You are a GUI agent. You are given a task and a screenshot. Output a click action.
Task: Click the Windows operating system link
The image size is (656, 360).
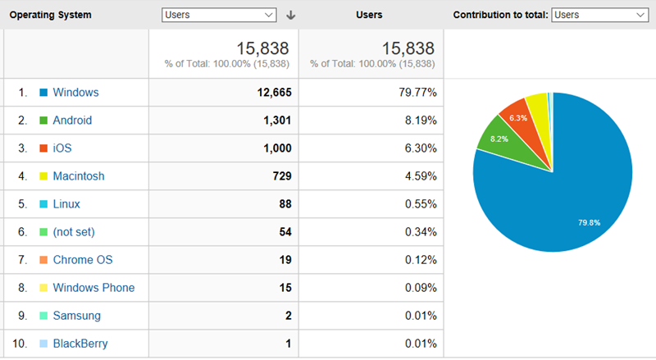click(75, 93)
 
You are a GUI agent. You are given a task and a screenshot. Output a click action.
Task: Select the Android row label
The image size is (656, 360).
click(72, 121)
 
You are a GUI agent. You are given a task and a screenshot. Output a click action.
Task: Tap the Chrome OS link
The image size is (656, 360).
click(82, 260)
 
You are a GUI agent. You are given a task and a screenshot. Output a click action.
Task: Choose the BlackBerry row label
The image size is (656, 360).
click(80, 344)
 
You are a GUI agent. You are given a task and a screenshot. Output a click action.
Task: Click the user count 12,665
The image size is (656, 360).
click(274, 93)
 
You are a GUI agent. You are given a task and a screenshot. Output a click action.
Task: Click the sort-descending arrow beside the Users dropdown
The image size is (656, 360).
click(290, 15)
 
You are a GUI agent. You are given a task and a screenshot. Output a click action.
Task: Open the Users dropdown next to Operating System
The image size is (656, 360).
click(219, 15)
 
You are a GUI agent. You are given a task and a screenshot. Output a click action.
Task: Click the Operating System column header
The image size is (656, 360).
click(50, 15)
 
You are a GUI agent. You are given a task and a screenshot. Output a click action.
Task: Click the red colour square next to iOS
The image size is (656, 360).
click(43, 148)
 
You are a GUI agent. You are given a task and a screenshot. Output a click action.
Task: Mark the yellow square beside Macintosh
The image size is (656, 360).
click(43, 176)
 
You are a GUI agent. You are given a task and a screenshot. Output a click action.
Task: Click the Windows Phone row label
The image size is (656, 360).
click(93, 288)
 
